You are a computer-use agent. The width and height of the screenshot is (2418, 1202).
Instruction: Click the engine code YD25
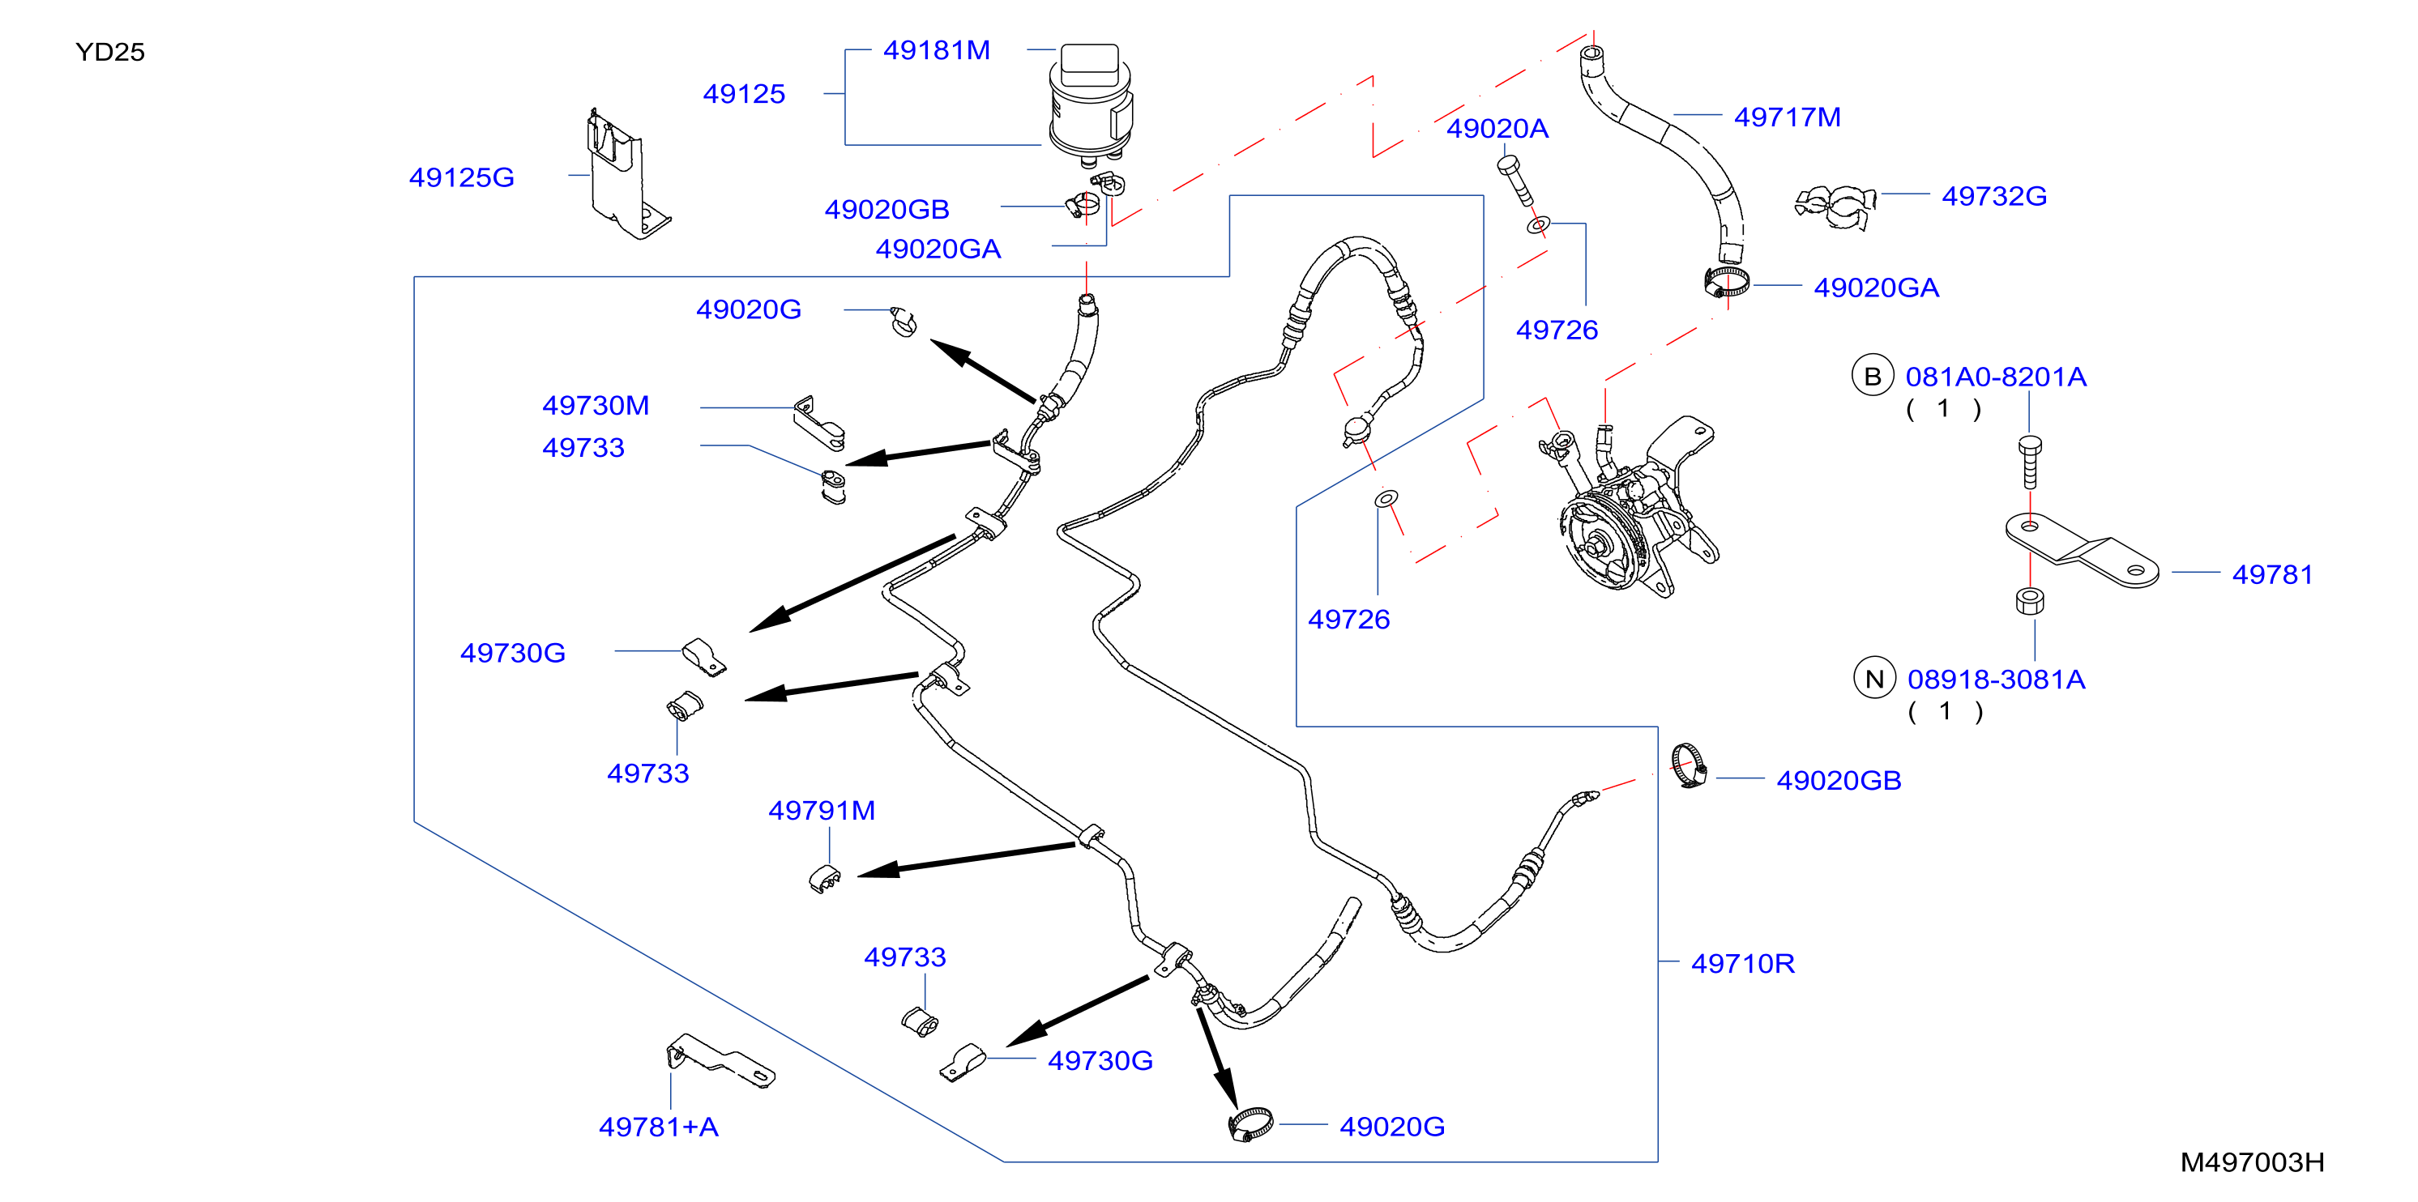[110, 52]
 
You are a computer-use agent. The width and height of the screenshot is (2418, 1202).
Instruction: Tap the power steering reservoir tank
[1090, 100]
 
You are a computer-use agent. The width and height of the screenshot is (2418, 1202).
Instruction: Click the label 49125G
[462, 177]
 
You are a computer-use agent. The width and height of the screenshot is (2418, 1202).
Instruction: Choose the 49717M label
[1788, 117]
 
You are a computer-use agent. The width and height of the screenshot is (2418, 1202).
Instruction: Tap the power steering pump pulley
[1601, 543]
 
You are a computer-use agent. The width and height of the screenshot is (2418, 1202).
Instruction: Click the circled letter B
[1873, 377]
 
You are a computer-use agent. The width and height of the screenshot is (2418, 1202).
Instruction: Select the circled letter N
[1874, 679]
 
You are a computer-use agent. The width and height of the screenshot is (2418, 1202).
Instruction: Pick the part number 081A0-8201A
[1996, 377]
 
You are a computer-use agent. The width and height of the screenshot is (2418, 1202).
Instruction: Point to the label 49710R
[1743, 964]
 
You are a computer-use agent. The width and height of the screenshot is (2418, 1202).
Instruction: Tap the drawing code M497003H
[2252, 1162]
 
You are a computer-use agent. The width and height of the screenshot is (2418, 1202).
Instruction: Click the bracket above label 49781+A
[720, 1060]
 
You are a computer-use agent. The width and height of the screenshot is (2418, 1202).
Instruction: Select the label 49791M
[822, 811]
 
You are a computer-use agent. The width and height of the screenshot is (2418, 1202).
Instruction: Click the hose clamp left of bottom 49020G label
[1251, 1124]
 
